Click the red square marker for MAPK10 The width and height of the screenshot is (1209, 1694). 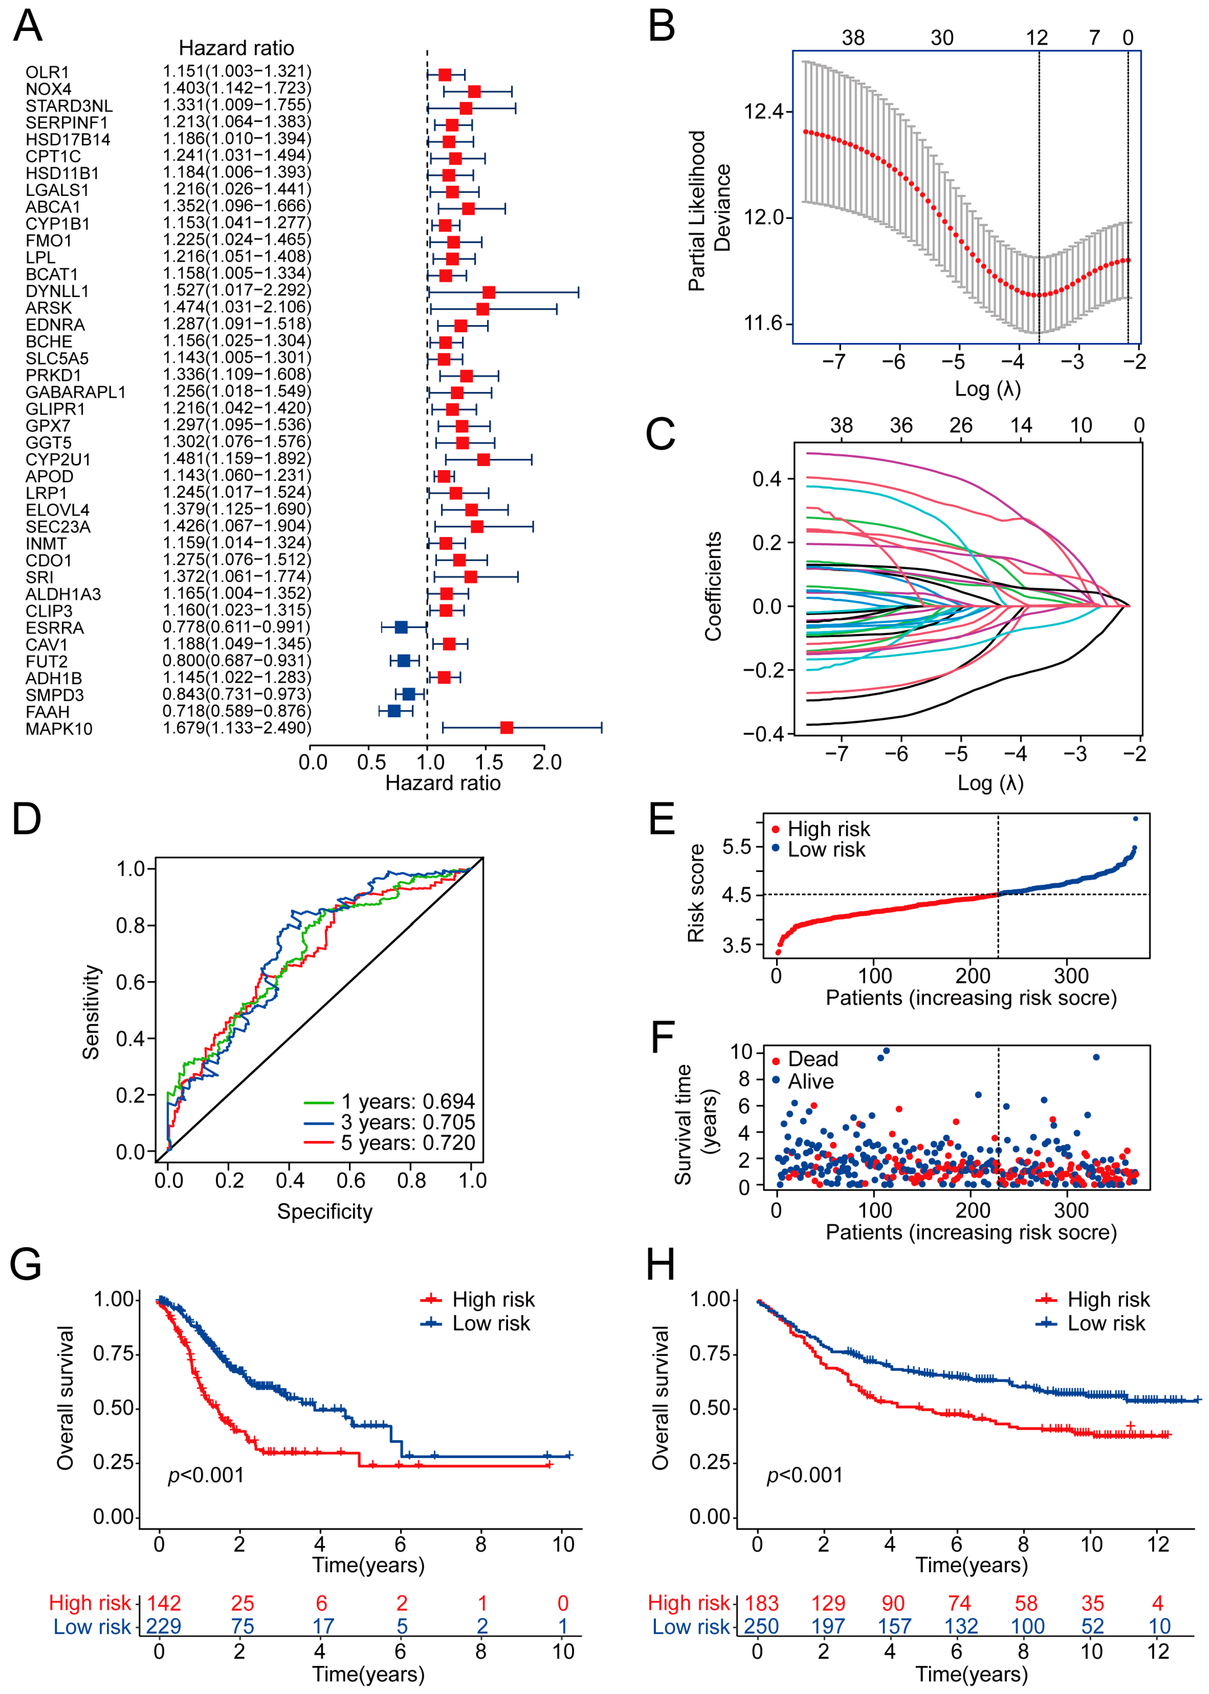(506, 728)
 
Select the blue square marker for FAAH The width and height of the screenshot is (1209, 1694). (394, 711)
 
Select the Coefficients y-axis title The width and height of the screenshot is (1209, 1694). (713, 586)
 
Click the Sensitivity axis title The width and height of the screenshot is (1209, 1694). (91, 1012)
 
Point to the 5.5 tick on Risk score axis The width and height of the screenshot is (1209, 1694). (737, 846)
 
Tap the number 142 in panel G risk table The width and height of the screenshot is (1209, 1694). (164, 1603)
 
